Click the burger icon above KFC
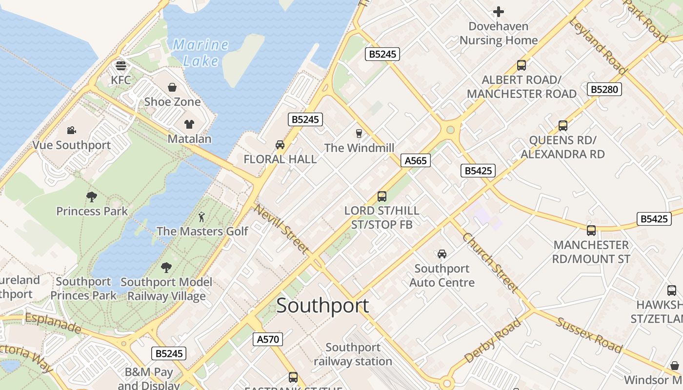[121, 65]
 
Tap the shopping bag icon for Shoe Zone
[172, 87]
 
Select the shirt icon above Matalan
[189, 124]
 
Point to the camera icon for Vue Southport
[72, 130]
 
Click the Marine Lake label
[201, 53]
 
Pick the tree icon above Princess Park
[91, 197]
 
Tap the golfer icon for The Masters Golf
[202, 216]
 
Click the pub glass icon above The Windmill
[359, 133]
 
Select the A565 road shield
[416, 160]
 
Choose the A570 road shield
[268, 339]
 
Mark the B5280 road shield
[604, 89]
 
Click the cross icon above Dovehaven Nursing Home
[498, 11]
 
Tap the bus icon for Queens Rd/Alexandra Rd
[563, 126]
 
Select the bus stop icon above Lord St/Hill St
[382, 196]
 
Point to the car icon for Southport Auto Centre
[442, 254]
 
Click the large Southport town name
[322, 306]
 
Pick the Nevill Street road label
[281, 229]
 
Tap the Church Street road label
[490, 263]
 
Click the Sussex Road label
[589, 335]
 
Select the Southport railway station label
[353, 354]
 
